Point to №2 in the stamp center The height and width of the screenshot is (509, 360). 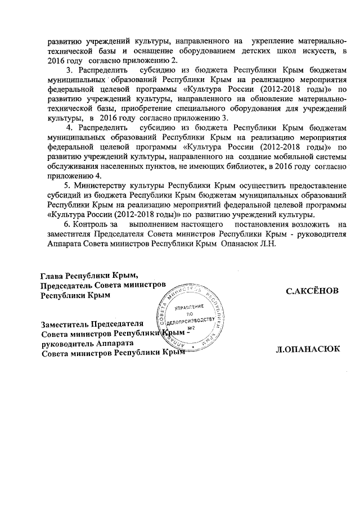pyautogui.click(x=190, y=328)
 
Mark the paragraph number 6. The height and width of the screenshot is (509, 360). pyautogui.click(x=68, y=224)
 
